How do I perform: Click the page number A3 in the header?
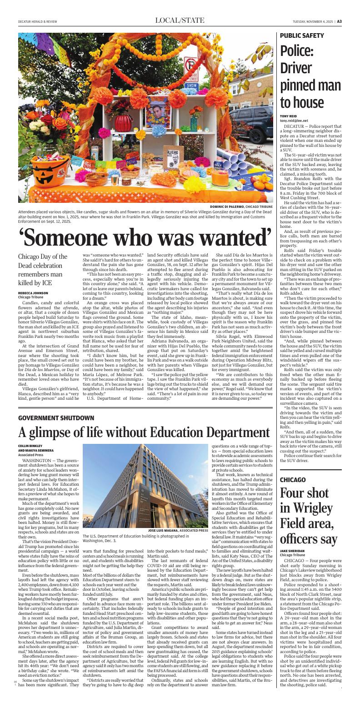(352, 21)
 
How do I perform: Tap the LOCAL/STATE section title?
(180, 20)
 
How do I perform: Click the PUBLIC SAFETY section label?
(302, 35)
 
